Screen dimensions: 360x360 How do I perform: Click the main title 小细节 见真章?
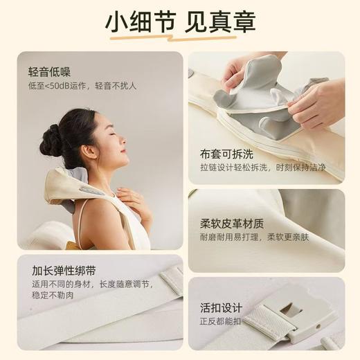180,23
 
